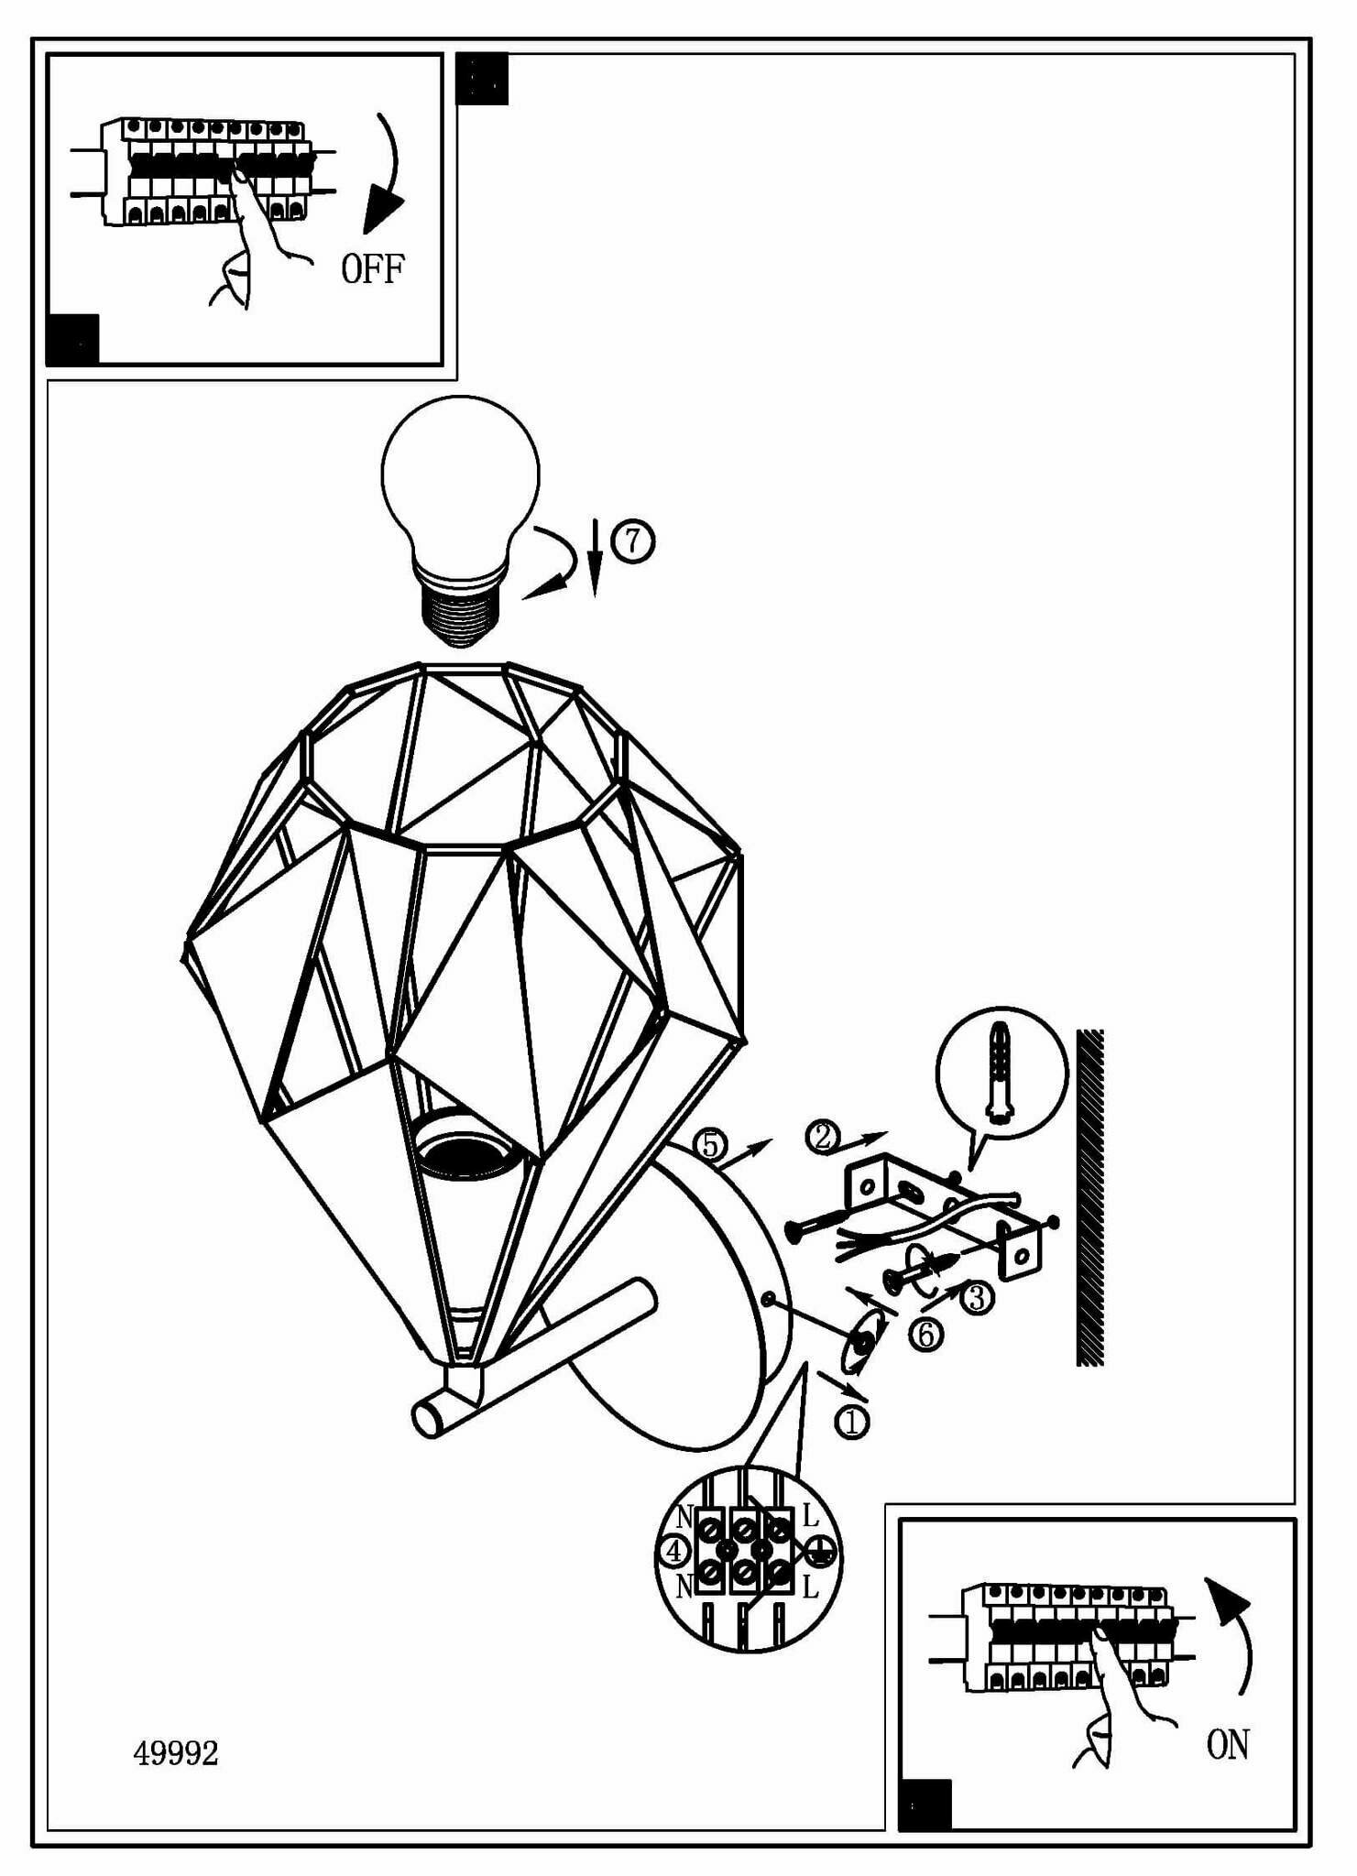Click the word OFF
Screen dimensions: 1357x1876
(x=372, y=269)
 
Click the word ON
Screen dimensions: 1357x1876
(x=1227, y=1745)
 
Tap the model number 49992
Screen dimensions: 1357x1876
(x=176, y=1753)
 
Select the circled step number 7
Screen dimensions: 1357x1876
(x=633, y=540)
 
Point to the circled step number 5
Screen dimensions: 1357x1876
(x=710, y=1145)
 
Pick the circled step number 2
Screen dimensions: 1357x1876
(x=821, y=1137)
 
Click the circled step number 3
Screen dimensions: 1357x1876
(x=977, y=1297)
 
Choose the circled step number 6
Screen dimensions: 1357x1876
(x=925, y=1334)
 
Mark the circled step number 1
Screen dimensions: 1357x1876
(x=851, y=1422)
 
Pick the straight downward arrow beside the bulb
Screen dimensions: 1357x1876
(x=595, y=559)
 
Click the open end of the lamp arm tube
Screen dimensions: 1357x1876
(x=426, y=1419)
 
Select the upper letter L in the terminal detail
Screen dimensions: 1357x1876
(x=810, y=1516)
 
